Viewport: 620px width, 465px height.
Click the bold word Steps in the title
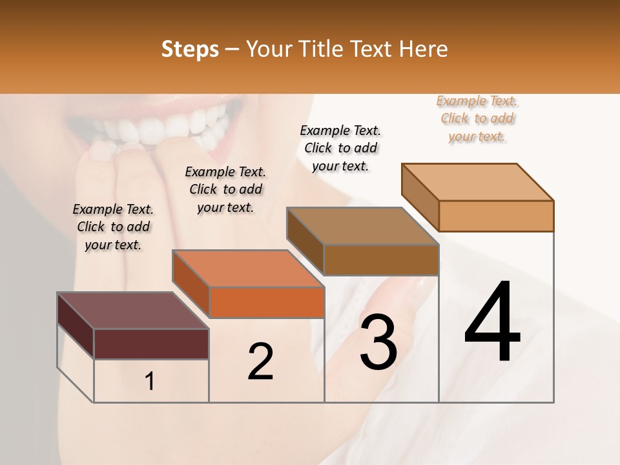190,49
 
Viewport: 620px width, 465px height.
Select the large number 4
492,323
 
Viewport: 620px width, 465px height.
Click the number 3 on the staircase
378,342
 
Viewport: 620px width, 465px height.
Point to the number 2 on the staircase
261,362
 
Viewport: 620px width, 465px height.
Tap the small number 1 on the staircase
150,382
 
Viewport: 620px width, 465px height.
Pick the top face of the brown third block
362,226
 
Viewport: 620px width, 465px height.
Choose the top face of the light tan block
477,182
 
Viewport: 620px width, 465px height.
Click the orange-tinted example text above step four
477,119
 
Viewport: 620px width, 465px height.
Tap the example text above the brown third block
340,148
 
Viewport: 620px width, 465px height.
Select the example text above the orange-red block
225,189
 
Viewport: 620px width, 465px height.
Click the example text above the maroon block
113,227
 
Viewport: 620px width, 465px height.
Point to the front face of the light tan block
496,216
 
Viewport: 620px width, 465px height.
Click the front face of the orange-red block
267,302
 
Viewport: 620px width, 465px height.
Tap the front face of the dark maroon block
151,344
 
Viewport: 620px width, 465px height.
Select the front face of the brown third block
381,260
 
